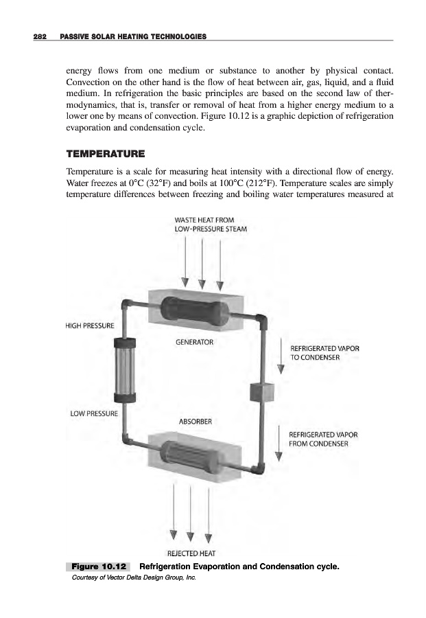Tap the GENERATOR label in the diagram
(x=196, y=341)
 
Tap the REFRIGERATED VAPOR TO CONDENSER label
(x=324, y=353)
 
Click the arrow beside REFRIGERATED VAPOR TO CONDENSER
(x=281, y=356)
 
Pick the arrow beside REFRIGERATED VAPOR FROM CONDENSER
(x=279, y=444)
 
